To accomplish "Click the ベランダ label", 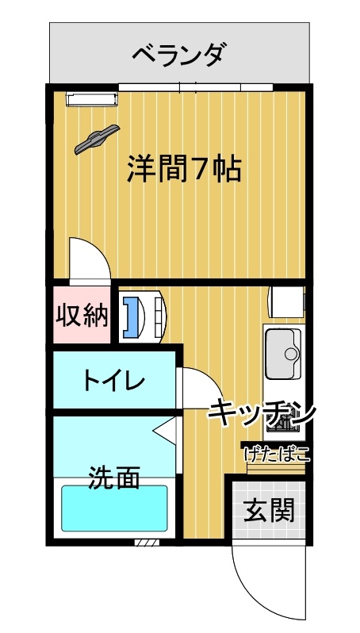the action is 178,55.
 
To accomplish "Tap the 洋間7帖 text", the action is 184,168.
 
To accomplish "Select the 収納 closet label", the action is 82,315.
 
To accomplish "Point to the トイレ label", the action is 113,381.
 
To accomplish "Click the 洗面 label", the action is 114,478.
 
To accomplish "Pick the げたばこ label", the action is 278,454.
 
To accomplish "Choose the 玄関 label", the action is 269,510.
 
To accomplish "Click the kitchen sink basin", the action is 283,354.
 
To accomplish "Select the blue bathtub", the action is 114,508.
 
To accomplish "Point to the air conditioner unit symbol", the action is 92,100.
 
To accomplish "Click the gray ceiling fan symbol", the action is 97,140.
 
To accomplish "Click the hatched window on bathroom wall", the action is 147,542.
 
